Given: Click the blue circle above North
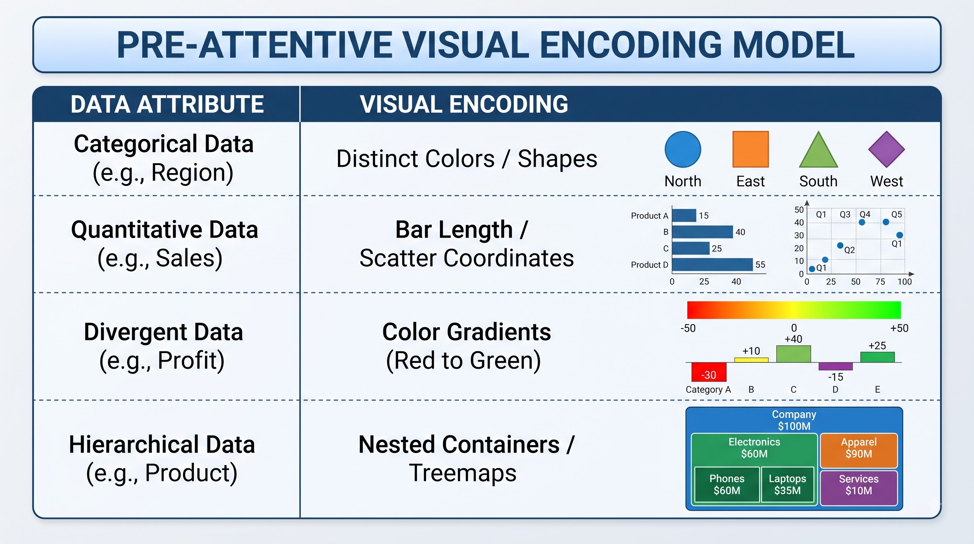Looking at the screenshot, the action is point(682,149).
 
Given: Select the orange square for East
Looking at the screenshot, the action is point(751,149).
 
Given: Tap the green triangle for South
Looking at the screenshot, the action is point(818,151).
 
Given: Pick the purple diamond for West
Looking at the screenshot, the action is point(886,149).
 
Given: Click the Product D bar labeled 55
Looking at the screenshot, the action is point(712,265).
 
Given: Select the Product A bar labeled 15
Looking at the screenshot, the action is point(684,215).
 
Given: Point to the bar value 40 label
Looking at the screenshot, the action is point(740,232).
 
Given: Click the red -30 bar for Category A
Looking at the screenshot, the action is point(709,372).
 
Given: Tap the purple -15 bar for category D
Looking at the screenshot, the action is point(835,366).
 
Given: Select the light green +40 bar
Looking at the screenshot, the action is point(793,354).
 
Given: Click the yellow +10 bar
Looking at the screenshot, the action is point(751,360).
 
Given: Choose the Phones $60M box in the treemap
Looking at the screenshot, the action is point(727,484).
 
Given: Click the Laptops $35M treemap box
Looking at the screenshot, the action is point(787,484).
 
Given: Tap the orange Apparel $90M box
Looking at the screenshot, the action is point(859,450).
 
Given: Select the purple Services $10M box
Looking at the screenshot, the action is point(859,488).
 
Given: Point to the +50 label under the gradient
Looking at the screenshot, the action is point(899,328).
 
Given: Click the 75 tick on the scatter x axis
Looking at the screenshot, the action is point(880,282).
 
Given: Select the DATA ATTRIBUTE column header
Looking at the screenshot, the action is point(167,104).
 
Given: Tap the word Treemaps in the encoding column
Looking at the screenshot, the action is point(463,473).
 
